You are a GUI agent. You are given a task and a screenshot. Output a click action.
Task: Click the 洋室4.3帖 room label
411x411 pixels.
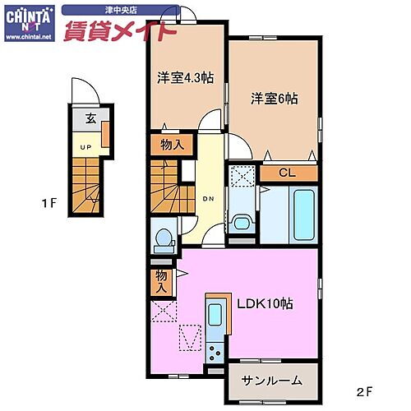coord(185,78)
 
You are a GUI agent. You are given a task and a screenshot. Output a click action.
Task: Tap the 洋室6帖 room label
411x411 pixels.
coord(275,98)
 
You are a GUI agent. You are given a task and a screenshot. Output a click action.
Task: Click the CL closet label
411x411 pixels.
coord(286,173)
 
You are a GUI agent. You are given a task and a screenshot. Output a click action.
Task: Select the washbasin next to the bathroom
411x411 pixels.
coord(242,222)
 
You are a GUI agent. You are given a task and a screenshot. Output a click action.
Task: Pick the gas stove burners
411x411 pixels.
coord(216,353)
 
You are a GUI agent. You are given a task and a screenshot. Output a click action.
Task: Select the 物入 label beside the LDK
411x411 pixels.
coord(161,281)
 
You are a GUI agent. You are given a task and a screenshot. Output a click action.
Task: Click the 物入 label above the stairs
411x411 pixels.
coord(165,145)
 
